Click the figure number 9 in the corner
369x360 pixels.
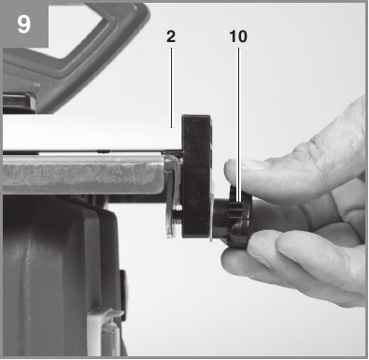tap(23, 24)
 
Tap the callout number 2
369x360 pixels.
tap(171, 36)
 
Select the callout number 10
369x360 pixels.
tap(238, 36)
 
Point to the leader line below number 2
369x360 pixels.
tap(171, 88)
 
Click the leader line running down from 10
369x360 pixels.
tap(239, 124)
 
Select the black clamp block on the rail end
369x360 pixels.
tap(197, 176)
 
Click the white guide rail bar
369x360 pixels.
tap(92, 132)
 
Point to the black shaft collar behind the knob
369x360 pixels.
tap(221, 218)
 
